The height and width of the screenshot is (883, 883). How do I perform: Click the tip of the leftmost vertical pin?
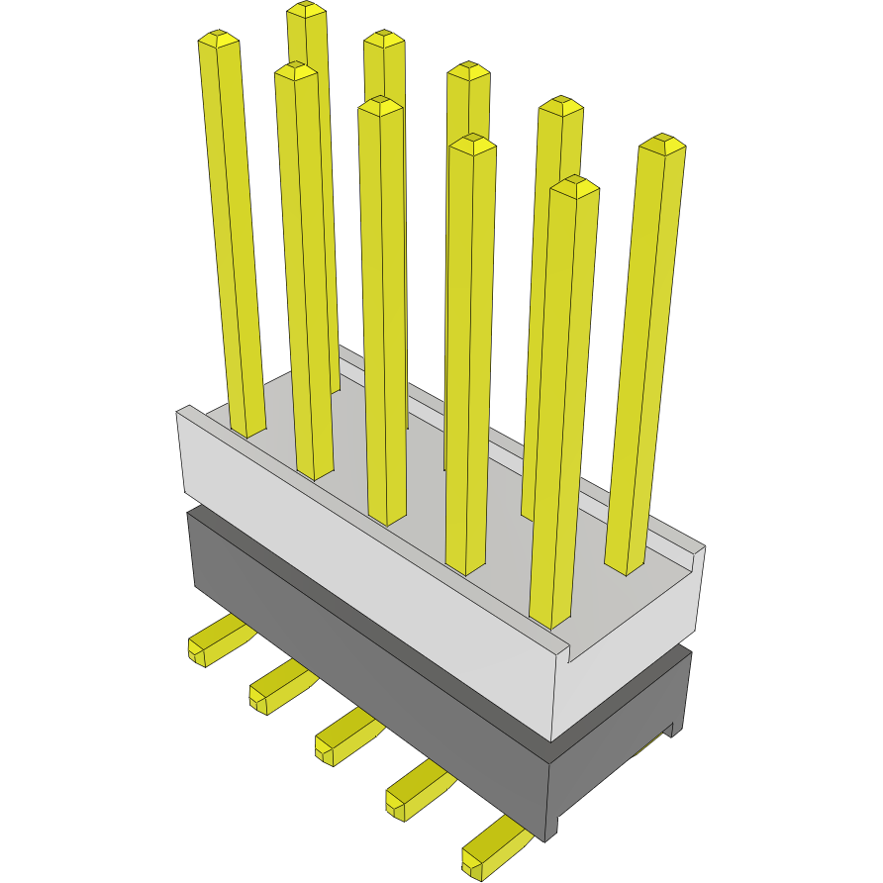coord(219,40)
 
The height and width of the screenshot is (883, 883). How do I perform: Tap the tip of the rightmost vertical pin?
coord(662,145)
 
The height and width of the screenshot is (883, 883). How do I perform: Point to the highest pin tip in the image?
coord(307,10)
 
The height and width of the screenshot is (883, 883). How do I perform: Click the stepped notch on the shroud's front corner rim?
coord(568,650)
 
